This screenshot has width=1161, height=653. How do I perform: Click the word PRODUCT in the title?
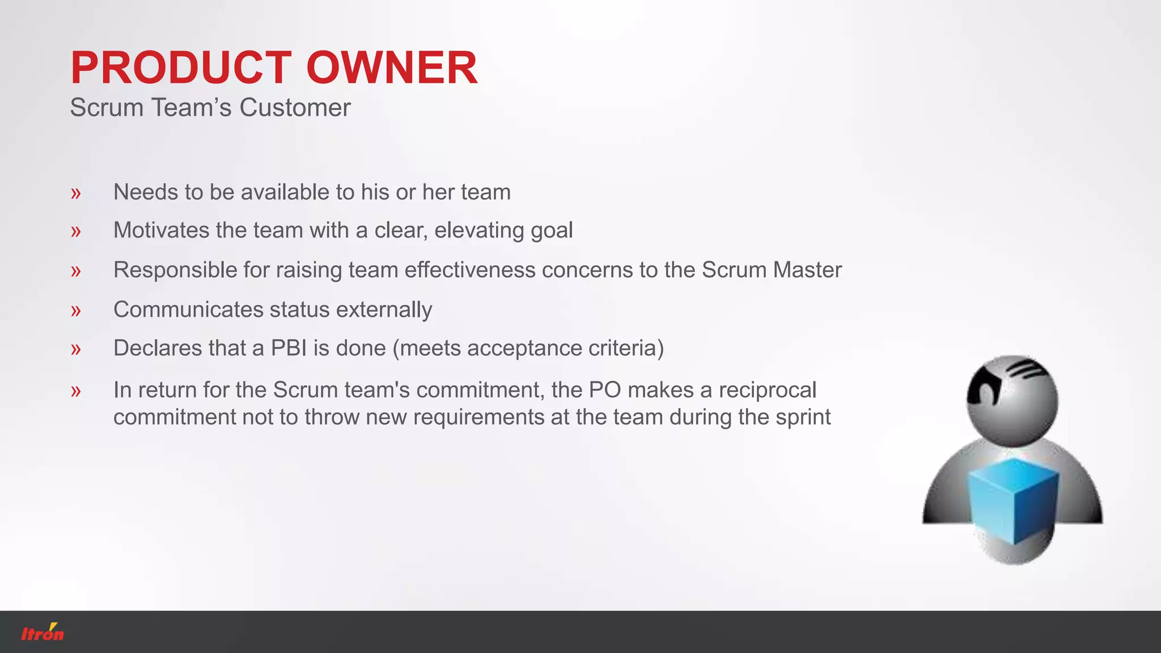pyautogui.click(x=181, y=68)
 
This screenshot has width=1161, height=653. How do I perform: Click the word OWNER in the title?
pyautogui.click(x=392, y=68)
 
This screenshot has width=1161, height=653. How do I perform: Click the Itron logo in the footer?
pyautogui.click(x=43, y=633)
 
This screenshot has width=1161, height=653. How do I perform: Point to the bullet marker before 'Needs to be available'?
pyautogui.click(x=76, y=193)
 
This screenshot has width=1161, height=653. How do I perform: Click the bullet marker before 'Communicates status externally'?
pyautogui.click(x=76, y=311)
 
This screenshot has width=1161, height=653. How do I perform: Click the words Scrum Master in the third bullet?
pyautogui.click(x=772, y=270)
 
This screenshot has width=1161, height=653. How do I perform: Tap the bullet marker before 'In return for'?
pyautogui.click(x=76, y=391)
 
